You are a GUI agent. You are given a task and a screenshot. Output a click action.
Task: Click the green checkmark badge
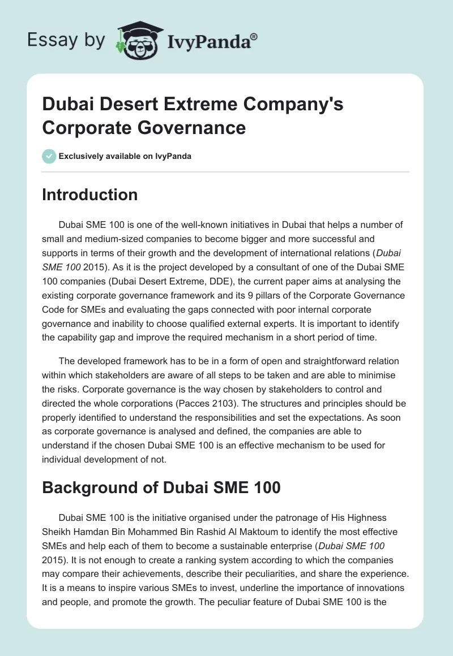click(x=49, y=156)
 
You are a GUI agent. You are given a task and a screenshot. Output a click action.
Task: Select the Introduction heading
click(x=89, y=195)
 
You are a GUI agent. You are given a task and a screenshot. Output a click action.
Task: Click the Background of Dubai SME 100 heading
click(x=161, y=487)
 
